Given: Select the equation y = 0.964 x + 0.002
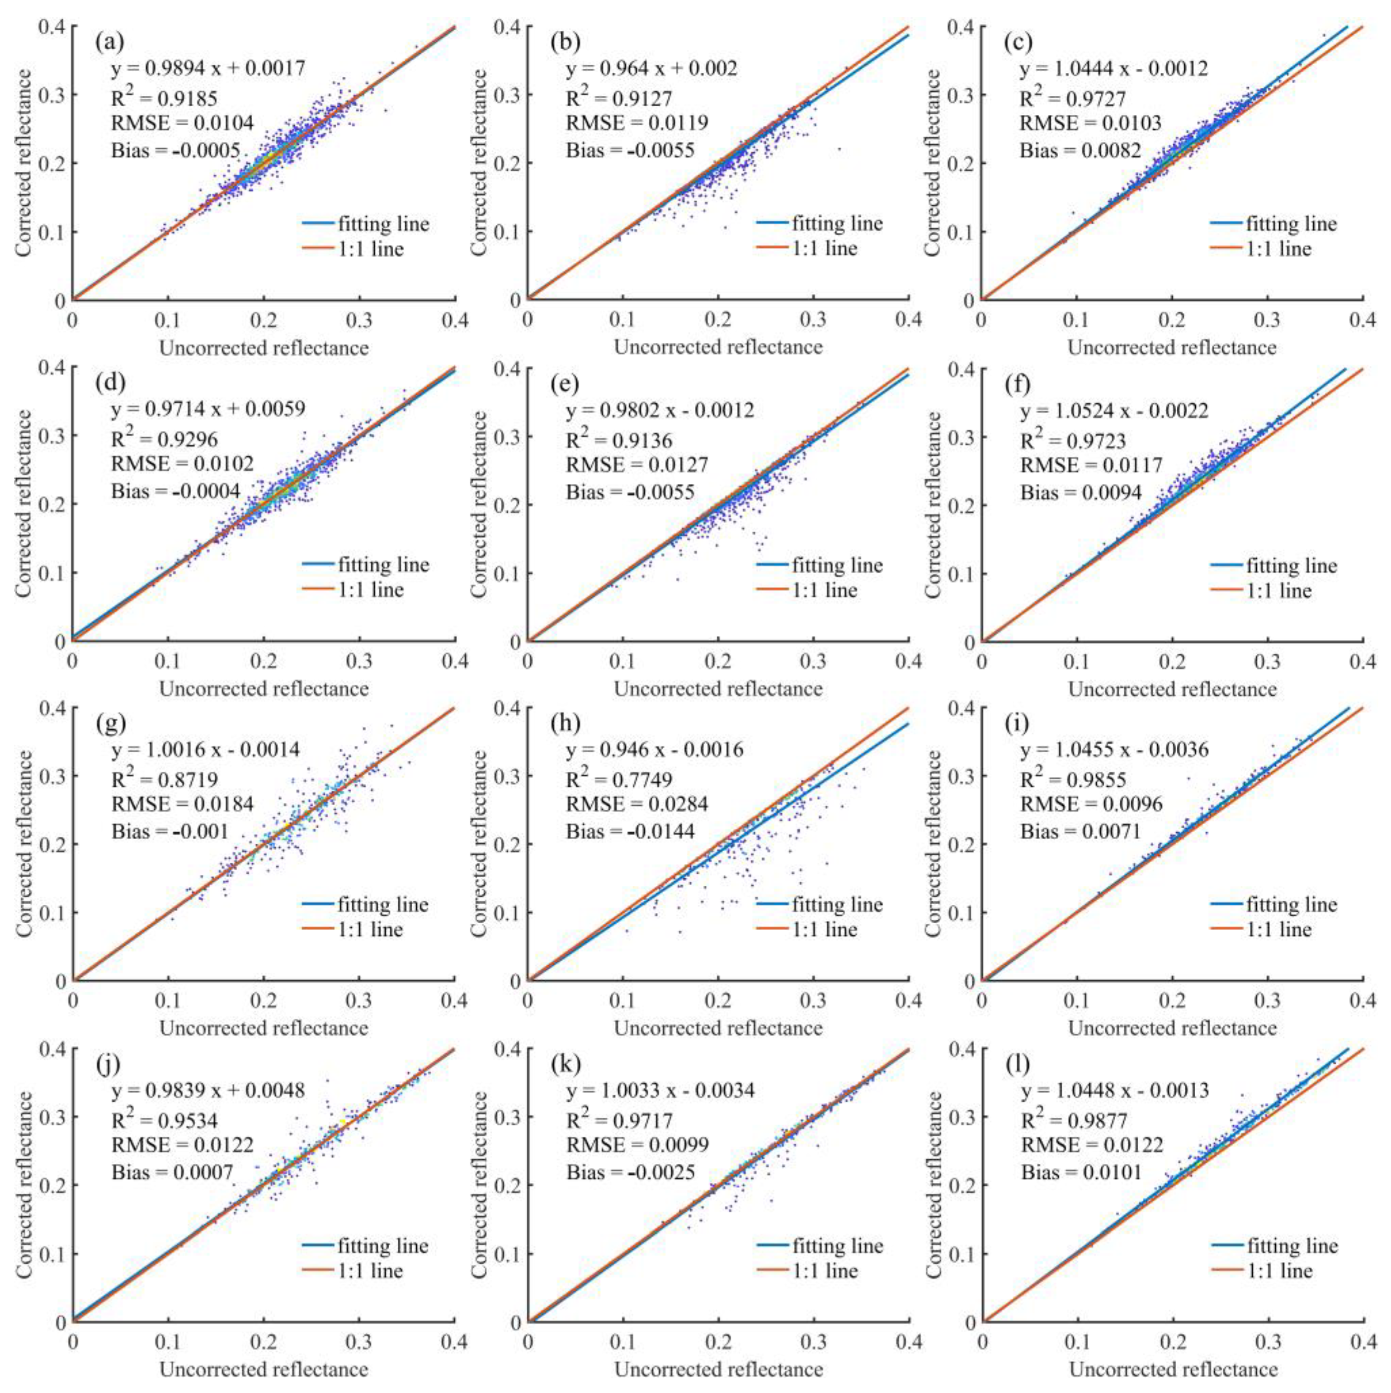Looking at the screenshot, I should point(651,68).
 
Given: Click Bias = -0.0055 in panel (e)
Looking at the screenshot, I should point(630,492).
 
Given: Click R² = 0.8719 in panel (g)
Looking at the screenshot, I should point(165,779).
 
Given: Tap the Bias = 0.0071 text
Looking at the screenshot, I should point(1080,831).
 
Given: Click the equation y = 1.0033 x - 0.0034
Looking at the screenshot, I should point(660,1090).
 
